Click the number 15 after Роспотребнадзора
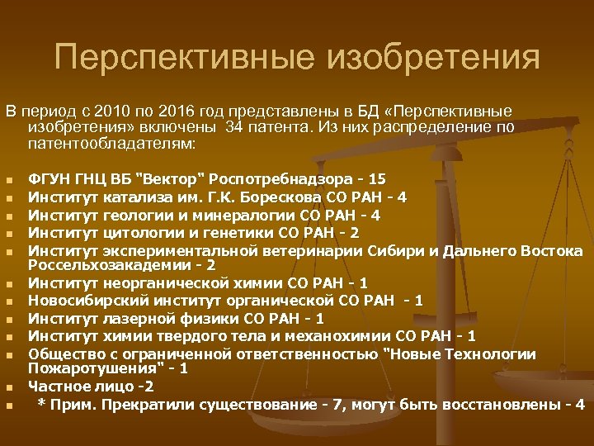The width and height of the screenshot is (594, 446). pos(377,178)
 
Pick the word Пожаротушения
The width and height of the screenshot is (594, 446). pos(86,368)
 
